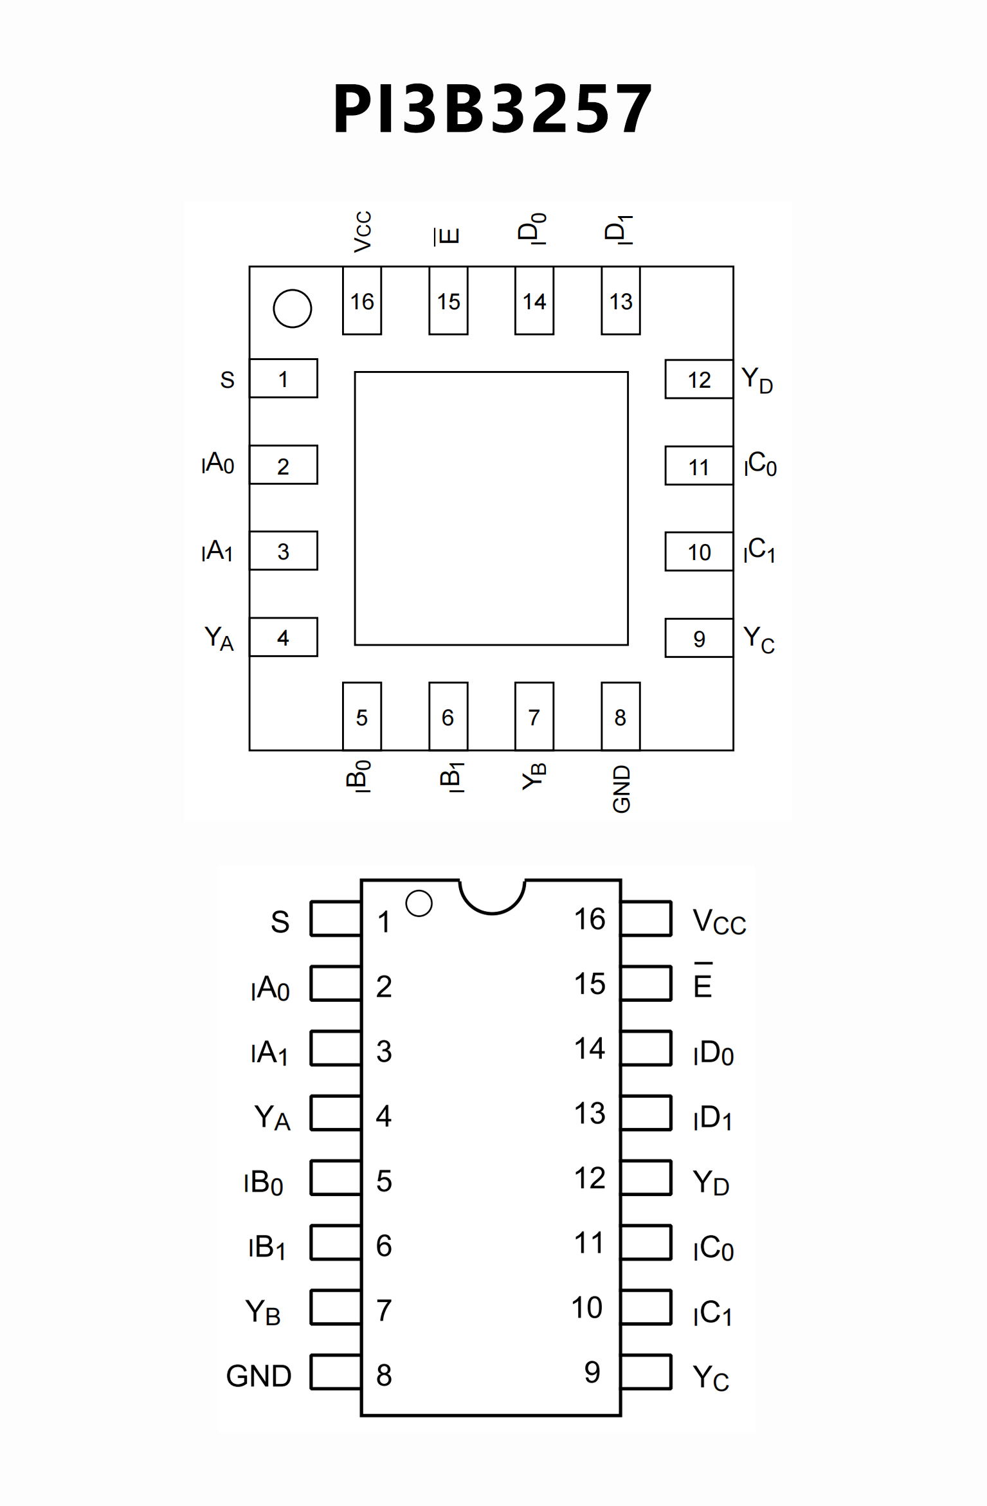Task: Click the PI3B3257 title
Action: click(x=493, y=109)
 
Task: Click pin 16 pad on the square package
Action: click(x=362, y=301)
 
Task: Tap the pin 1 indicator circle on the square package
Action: click(x=293, y=309)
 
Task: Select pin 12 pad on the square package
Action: click(x=699, y=379)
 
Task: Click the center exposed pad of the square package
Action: click(x=491, y=508)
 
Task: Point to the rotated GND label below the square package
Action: click(x=621, y=789)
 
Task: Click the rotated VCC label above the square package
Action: click(x=363, y=231)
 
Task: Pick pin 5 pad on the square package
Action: click(x=362, y=716)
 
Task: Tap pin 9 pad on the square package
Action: click(x=699, y=639)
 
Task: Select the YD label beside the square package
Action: click(x=757, y=380)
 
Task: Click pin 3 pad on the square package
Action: click(x=284, y=551)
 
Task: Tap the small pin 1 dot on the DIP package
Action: click(x=419, y=903)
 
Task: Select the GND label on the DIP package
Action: click(x=259, y=1376)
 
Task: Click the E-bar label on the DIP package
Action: click(x=703, y=982)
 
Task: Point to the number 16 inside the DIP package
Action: click(x=590, y=920)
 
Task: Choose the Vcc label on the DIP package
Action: click(x=719, y=922)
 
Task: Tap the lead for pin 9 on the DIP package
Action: click(x=647, y=1372)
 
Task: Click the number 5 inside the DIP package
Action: click(x=384, y=1181)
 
